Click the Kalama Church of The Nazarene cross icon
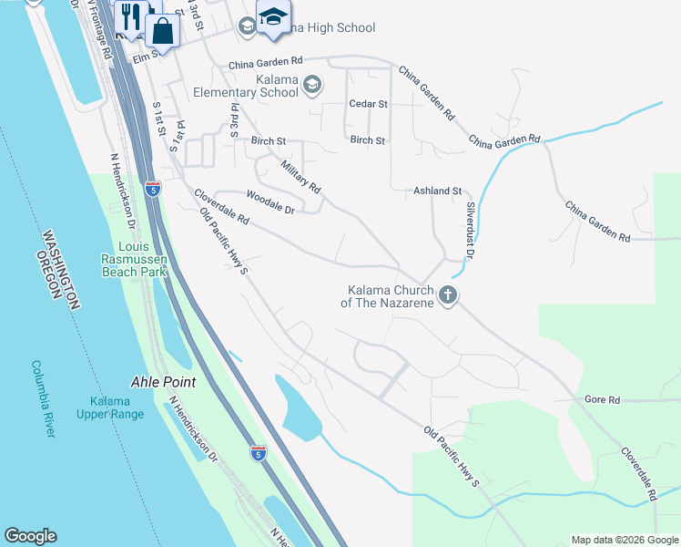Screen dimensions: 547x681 pos(447,295)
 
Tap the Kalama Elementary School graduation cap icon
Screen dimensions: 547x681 pos(312,85)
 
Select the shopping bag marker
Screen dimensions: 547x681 pos(162,32)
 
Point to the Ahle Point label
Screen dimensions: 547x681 pos(164,383)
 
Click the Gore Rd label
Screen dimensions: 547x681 pos(602,400)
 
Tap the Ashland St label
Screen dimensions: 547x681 pos(438,191)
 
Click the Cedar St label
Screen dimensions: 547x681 pos(369,104)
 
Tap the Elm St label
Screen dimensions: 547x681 pos(147,55)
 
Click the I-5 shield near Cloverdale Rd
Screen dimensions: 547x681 pos(153,190)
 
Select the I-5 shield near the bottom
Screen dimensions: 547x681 pos(260,452)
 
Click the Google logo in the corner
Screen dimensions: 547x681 pos(30,536)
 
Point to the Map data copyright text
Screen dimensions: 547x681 pos(624,540)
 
